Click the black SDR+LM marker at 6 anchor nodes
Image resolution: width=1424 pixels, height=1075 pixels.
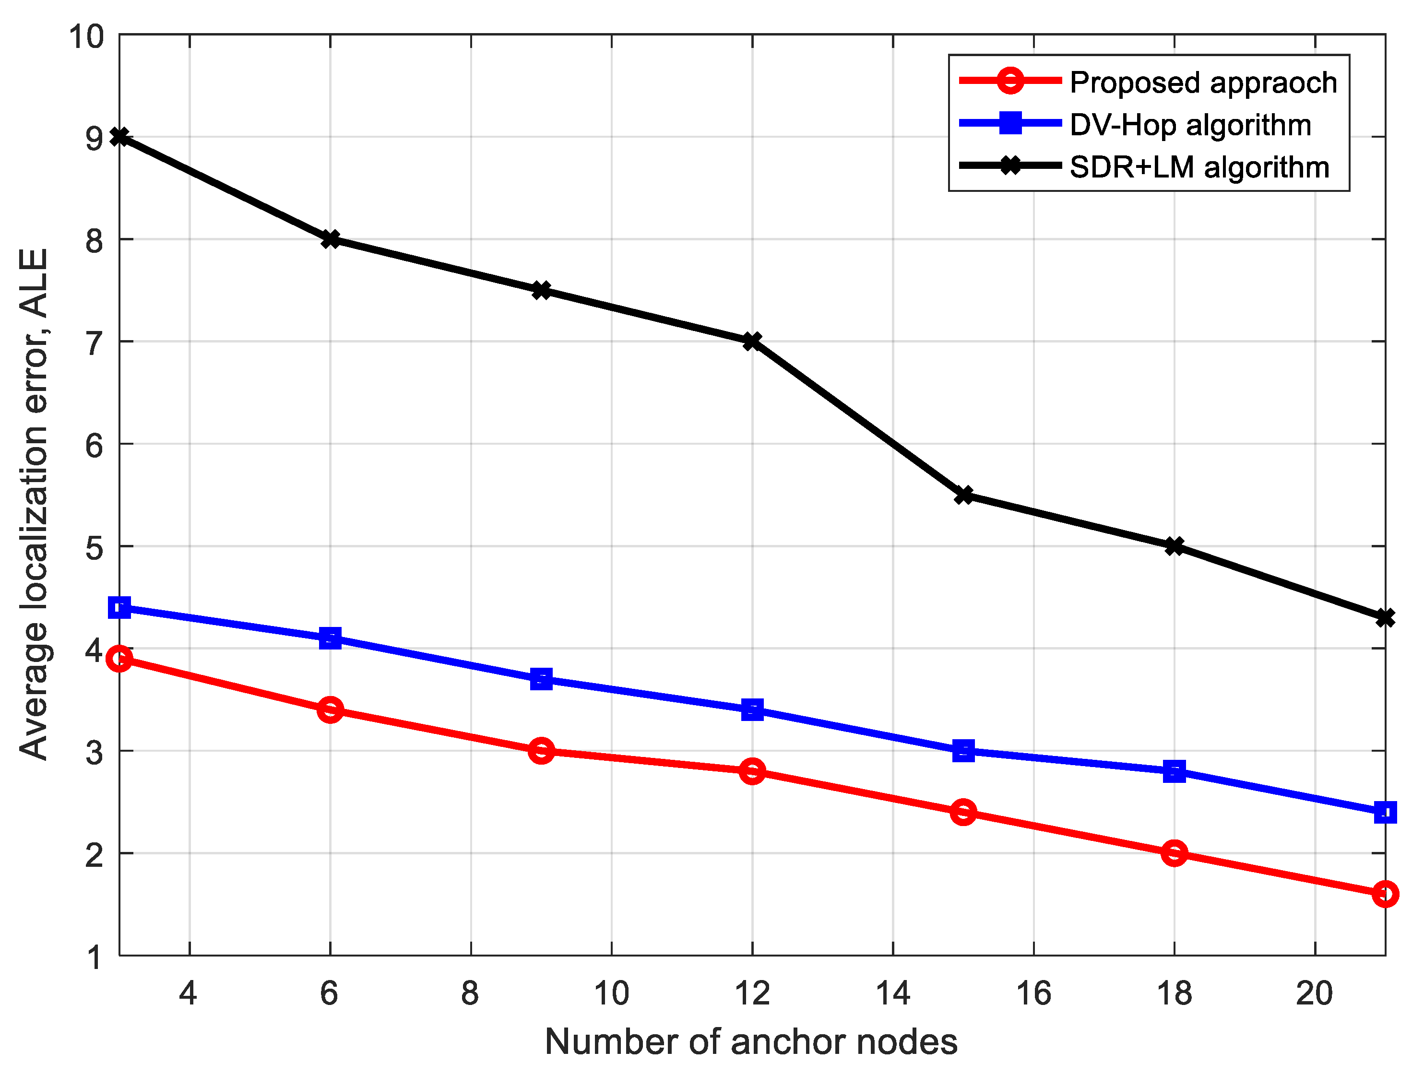pyautogui.click(x=330, y=239)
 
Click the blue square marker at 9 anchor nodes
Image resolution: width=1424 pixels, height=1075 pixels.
pyautogui.click(x=541, y=678)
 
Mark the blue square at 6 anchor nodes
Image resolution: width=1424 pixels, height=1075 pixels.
pyautogui.click(x=330, y=638)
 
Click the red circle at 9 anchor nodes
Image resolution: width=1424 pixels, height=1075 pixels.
pyautogui.click(x=541, y=751)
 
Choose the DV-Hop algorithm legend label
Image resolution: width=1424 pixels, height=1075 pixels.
pyautogui.click(x=1190, y=125)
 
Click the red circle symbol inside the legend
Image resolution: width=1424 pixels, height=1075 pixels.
pyautogui.click(x=1010, y=81)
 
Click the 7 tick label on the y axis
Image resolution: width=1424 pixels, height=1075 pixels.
pyautogui.click(x=94, y=343)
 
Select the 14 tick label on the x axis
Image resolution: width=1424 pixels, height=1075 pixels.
pyautogui.click(x=893, y=993)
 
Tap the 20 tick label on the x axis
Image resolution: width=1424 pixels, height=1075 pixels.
pyautogui.click(x=1315, y=993)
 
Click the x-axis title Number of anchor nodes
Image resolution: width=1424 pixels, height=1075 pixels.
pyautogui.click(x=751, y=1041)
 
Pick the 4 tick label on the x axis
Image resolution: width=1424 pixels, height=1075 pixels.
pyautogui.click(x=188, y=993)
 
